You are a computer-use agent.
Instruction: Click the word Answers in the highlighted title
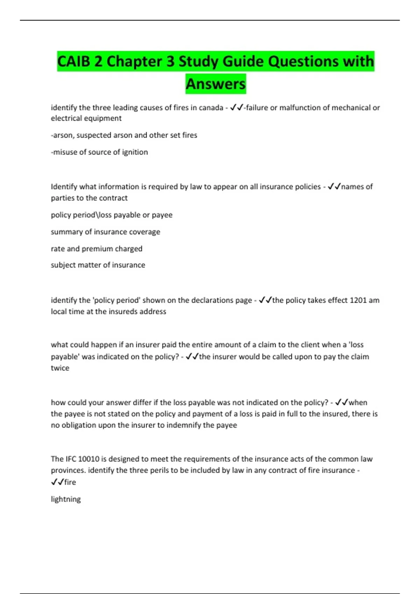(216, 84)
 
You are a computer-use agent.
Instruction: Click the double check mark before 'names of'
(334, 187)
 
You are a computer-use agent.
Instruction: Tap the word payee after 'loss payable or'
(162, 215)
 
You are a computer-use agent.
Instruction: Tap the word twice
(60, 368)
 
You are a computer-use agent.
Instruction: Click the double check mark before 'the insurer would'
(192, 357)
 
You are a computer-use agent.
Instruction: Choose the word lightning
(66, 499)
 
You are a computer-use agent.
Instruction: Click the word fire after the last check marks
(70, 482)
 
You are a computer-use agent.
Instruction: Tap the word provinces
(68, 470)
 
